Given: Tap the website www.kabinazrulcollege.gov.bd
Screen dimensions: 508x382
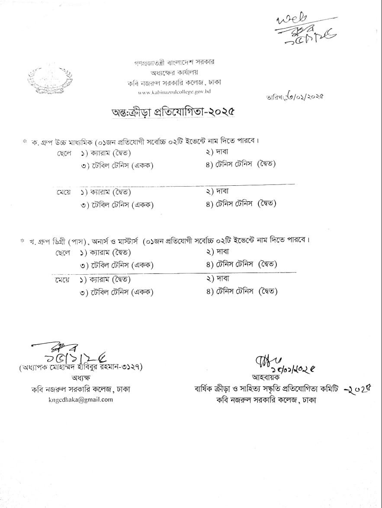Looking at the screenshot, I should (x=174, y=92).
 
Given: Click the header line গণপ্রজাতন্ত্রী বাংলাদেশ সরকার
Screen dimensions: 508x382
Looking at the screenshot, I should (x=174, y=62).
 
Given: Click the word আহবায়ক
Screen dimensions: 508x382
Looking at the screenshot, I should (x=262, y=377).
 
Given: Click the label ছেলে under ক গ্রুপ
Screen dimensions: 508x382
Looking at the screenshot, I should (x=64, y=153).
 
